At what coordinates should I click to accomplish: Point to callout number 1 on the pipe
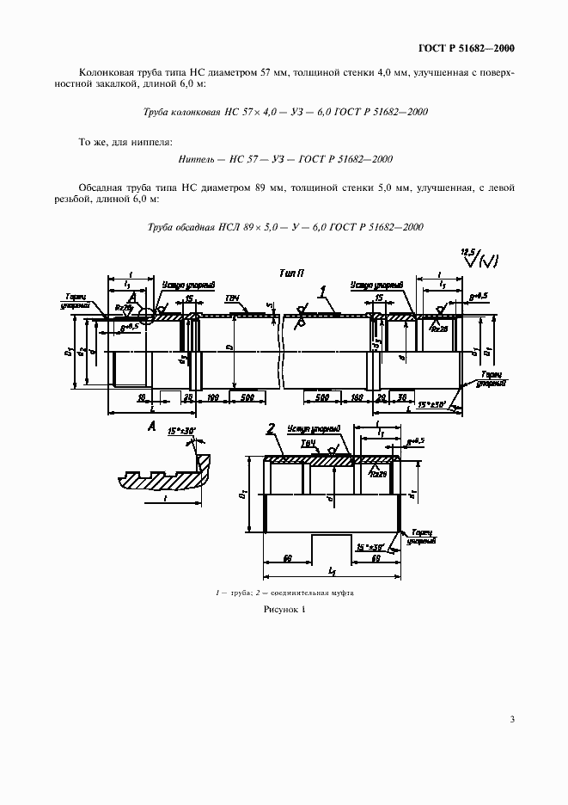(x=322, y=291)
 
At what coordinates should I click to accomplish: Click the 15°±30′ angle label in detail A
(x=182, y=429)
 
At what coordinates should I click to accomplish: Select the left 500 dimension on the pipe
(x=247, y=398)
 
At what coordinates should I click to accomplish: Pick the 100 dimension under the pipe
(x=213, y=398)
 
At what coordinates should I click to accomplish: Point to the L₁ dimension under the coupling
(x=332, y=571)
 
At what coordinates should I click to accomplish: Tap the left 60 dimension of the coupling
(x=287, y=557)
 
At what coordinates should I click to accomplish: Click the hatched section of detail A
(x=163, y=481)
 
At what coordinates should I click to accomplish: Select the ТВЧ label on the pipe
(x=231, y=298)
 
